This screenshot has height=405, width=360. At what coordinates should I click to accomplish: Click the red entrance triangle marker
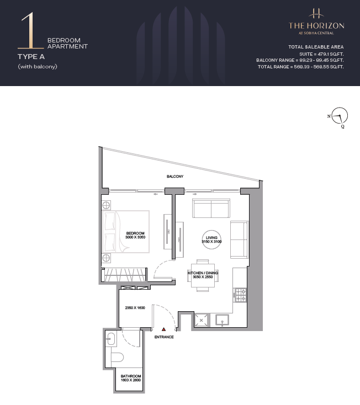point(163,329)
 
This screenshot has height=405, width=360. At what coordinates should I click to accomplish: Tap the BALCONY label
point(175,177)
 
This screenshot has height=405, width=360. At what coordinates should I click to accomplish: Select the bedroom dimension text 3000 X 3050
point(135,237)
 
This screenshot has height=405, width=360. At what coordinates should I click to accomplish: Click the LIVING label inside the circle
point(211,238)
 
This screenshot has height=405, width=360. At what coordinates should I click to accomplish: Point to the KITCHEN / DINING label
point(203,273)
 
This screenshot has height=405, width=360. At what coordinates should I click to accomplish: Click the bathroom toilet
point(117,357)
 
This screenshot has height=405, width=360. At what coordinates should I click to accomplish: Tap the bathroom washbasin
point(111,339)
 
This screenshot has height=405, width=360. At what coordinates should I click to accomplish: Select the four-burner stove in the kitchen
point(240,295)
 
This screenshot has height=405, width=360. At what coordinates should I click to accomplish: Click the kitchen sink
point(223,320)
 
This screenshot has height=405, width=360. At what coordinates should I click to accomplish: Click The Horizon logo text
point(316,26)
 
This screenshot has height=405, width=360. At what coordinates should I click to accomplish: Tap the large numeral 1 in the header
point(31,31)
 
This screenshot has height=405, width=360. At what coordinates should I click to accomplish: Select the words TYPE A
point(31,57)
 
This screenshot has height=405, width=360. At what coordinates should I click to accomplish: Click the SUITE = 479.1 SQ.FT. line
point(321,54)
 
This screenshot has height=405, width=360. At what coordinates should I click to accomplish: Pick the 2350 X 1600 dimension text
point(135,308)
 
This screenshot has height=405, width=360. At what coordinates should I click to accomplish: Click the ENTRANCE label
point(164,337)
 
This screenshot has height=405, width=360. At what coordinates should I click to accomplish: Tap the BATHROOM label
point(131,376)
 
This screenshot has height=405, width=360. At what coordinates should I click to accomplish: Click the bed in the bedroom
point(126,231)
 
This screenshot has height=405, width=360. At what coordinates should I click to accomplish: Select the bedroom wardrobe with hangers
point(125,275)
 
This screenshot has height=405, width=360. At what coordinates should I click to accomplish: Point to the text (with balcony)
point(38,67)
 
